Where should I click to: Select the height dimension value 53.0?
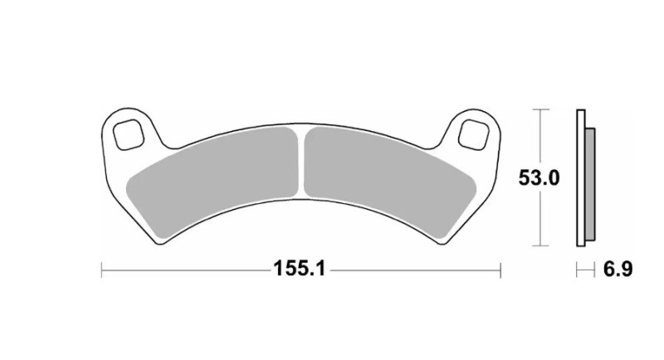(x=540, y=178)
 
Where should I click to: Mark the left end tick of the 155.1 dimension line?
(x=101, y=270)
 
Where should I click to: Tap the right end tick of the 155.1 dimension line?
(x=501, y=270)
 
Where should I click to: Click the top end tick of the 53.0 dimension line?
(x=540, y=109)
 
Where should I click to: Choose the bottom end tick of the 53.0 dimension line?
(x=540, y=246)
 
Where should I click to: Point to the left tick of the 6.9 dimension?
(x=578, y=270)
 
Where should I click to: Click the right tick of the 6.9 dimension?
(x=595, y=270)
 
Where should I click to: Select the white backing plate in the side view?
(x=581, y=178)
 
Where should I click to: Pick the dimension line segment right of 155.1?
(x=415, y=270)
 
